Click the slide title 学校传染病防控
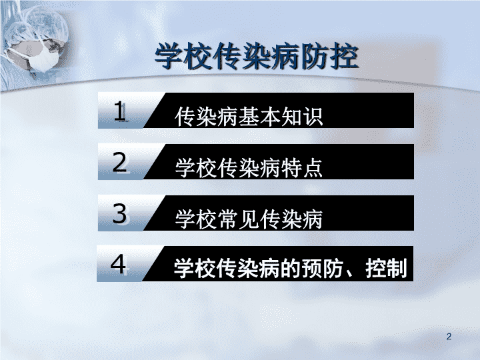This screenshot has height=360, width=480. (257, 57)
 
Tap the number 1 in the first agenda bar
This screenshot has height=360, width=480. (120, 111)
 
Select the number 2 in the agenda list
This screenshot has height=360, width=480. (120, 162)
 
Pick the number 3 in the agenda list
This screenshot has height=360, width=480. (120, 214)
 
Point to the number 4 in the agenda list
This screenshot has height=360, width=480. (119, 264)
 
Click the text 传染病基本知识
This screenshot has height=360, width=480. (249, 117)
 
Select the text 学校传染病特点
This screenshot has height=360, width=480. (249, 168)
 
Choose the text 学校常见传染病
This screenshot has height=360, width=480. (249, 219)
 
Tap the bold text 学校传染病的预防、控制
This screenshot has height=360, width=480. (290, 268)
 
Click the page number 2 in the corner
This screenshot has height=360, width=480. (449, 337)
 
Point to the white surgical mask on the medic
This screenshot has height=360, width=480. (45, 58)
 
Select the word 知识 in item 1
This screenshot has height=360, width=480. (302, 117)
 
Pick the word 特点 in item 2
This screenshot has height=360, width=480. (302, 168)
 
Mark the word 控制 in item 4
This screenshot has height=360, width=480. (386, 268)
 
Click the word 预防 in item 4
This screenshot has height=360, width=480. (323, 268)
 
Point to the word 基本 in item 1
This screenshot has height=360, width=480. (259, 117)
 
